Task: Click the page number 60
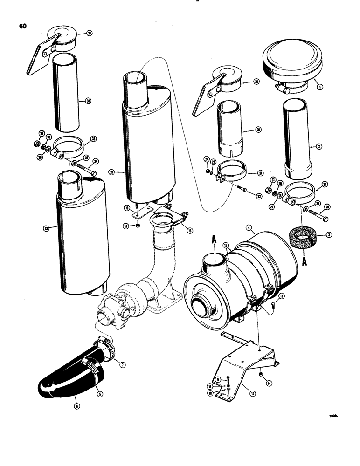click(22, 26)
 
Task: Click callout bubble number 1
click(318, 86)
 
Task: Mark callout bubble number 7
click(122, 365)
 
